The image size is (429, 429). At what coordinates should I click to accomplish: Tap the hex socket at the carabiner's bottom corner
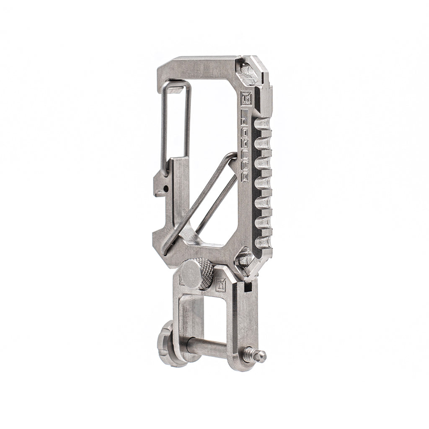pyautogui.click(x=245, y=258)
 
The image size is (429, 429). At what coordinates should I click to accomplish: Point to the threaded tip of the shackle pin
pyautogui.click(x=259, y=356)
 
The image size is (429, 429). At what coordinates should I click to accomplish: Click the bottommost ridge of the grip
pyautogui.click(x=263, y=242)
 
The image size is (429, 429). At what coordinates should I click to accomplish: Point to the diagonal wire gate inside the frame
pyautogui.click(x=197, y=201)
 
